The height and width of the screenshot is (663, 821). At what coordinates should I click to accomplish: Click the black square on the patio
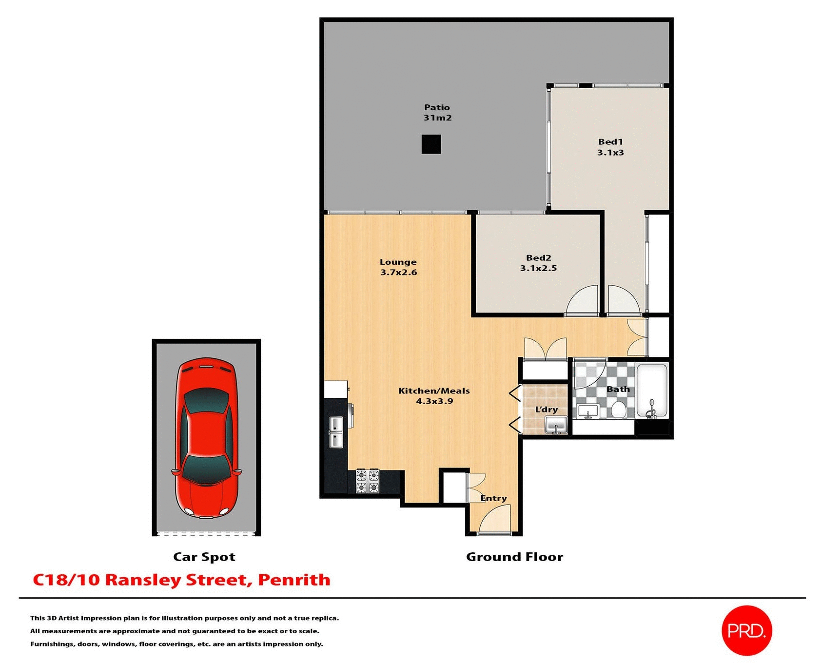coord(431,144)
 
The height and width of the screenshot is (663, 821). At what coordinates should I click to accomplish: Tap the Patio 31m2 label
coord(437,113)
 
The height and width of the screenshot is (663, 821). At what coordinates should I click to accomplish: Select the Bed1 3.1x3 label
coord(610,147)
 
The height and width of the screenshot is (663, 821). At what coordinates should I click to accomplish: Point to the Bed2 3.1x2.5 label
coord(538,263)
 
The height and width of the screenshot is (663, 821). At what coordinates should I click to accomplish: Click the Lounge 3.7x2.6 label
coord(398,267)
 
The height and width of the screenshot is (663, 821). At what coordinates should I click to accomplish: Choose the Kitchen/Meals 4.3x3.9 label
coord(434,396)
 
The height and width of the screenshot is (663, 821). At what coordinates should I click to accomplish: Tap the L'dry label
coord(546,409)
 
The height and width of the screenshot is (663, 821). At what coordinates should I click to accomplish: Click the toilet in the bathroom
coord(618,409)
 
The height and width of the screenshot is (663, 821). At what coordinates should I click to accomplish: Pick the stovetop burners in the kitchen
coord(368,481)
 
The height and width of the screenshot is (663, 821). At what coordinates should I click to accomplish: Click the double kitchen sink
coord(336,432)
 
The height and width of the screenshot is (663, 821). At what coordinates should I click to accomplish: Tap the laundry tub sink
coord(556,425)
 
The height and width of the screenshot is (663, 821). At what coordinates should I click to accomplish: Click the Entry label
coord(493,498)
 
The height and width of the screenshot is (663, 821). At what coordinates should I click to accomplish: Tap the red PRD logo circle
coord(746,631)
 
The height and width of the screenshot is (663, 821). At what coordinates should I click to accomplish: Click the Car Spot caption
coord(204,557)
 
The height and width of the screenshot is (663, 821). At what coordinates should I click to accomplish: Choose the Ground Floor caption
coord(514,557)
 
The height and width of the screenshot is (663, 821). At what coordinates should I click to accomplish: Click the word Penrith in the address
coord(294,580)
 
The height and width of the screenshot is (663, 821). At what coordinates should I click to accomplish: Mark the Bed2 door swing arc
coord(583,299)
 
